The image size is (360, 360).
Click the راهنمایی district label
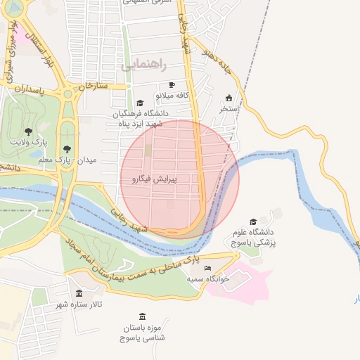(143, 65)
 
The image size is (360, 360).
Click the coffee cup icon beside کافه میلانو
(172, 85)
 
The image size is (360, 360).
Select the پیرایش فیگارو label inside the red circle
(153, 179)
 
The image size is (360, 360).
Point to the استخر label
(230, 109)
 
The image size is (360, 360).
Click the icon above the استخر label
(229, 98)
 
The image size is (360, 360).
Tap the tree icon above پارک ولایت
(28, 131)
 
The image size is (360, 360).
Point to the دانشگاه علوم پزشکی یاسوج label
(256, 237)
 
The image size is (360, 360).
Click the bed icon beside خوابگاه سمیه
(207, 268)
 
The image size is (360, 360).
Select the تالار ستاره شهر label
(80, 304)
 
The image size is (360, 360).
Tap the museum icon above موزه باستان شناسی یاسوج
(143, 316)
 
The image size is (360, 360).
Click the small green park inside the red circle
(148, 150)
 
